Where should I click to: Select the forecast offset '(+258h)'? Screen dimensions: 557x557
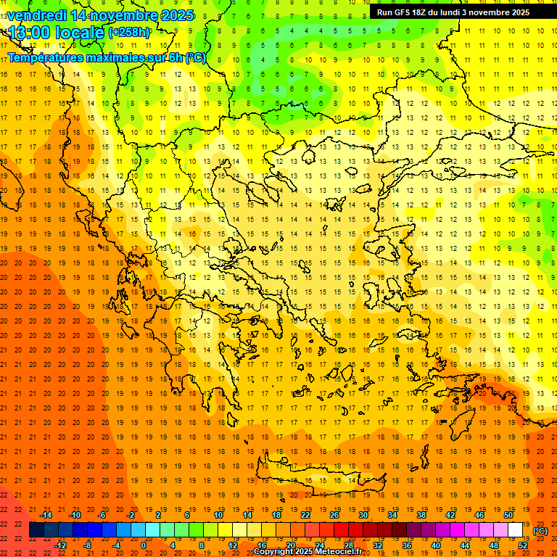tap(131, 33)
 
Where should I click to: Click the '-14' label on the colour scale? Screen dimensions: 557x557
tap(45, 515)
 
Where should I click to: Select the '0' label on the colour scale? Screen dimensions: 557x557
tap(143, 545)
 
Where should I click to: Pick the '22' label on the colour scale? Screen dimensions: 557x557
tap(305, 515)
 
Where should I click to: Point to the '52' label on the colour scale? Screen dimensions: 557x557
tap(523, 545)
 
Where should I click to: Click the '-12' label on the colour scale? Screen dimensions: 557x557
tap(60, 545)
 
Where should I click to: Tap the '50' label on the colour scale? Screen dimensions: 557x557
tap(508, 515)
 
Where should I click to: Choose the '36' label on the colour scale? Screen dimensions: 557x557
tap(407, 545)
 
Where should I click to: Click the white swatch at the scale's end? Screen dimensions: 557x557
tap(516, 530)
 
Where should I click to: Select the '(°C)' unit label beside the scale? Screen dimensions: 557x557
tap(540, 531)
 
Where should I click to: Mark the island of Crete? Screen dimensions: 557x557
tap(326, 479)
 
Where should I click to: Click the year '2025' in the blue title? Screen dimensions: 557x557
tap(177, 15)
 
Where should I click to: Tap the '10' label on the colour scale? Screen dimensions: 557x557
tap(218, 515)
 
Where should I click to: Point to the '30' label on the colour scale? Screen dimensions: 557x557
tap(363, 515)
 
